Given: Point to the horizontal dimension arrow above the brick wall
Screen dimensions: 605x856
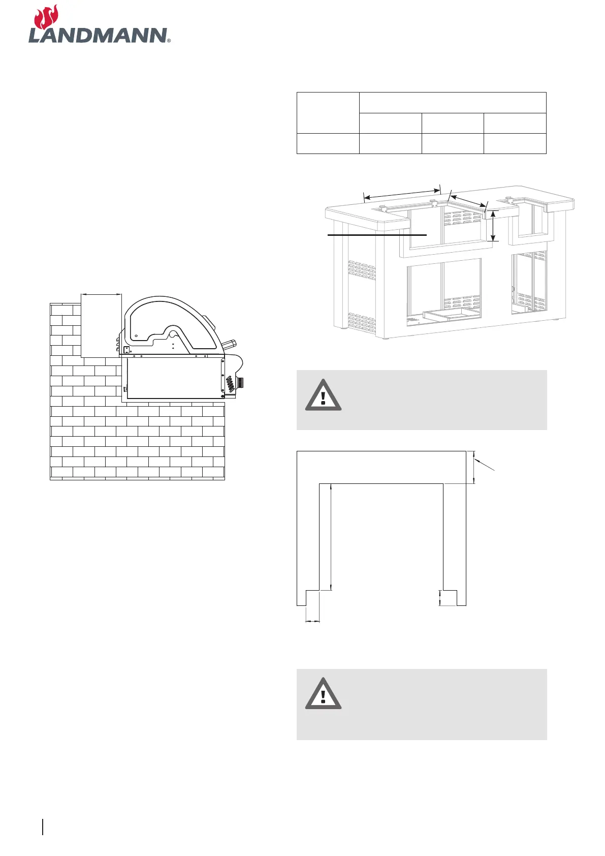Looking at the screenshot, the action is (102, 293).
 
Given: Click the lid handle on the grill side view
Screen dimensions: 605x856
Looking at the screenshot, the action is (229, 343).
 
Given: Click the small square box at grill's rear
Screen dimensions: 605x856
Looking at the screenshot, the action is (127, 350).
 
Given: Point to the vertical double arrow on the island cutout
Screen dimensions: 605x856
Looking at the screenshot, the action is (492, 226).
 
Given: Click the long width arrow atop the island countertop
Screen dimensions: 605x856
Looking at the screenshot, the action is (402, 193).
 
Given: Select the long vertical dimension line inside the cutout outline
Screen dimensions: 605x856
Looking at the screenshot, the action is (331, 537).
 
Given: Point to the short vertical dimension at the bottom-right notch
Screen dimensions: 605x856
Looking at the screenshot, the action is (440, 598).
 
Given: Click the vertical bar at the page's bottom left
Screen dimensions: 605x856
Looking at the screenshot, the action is (44, 827).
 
